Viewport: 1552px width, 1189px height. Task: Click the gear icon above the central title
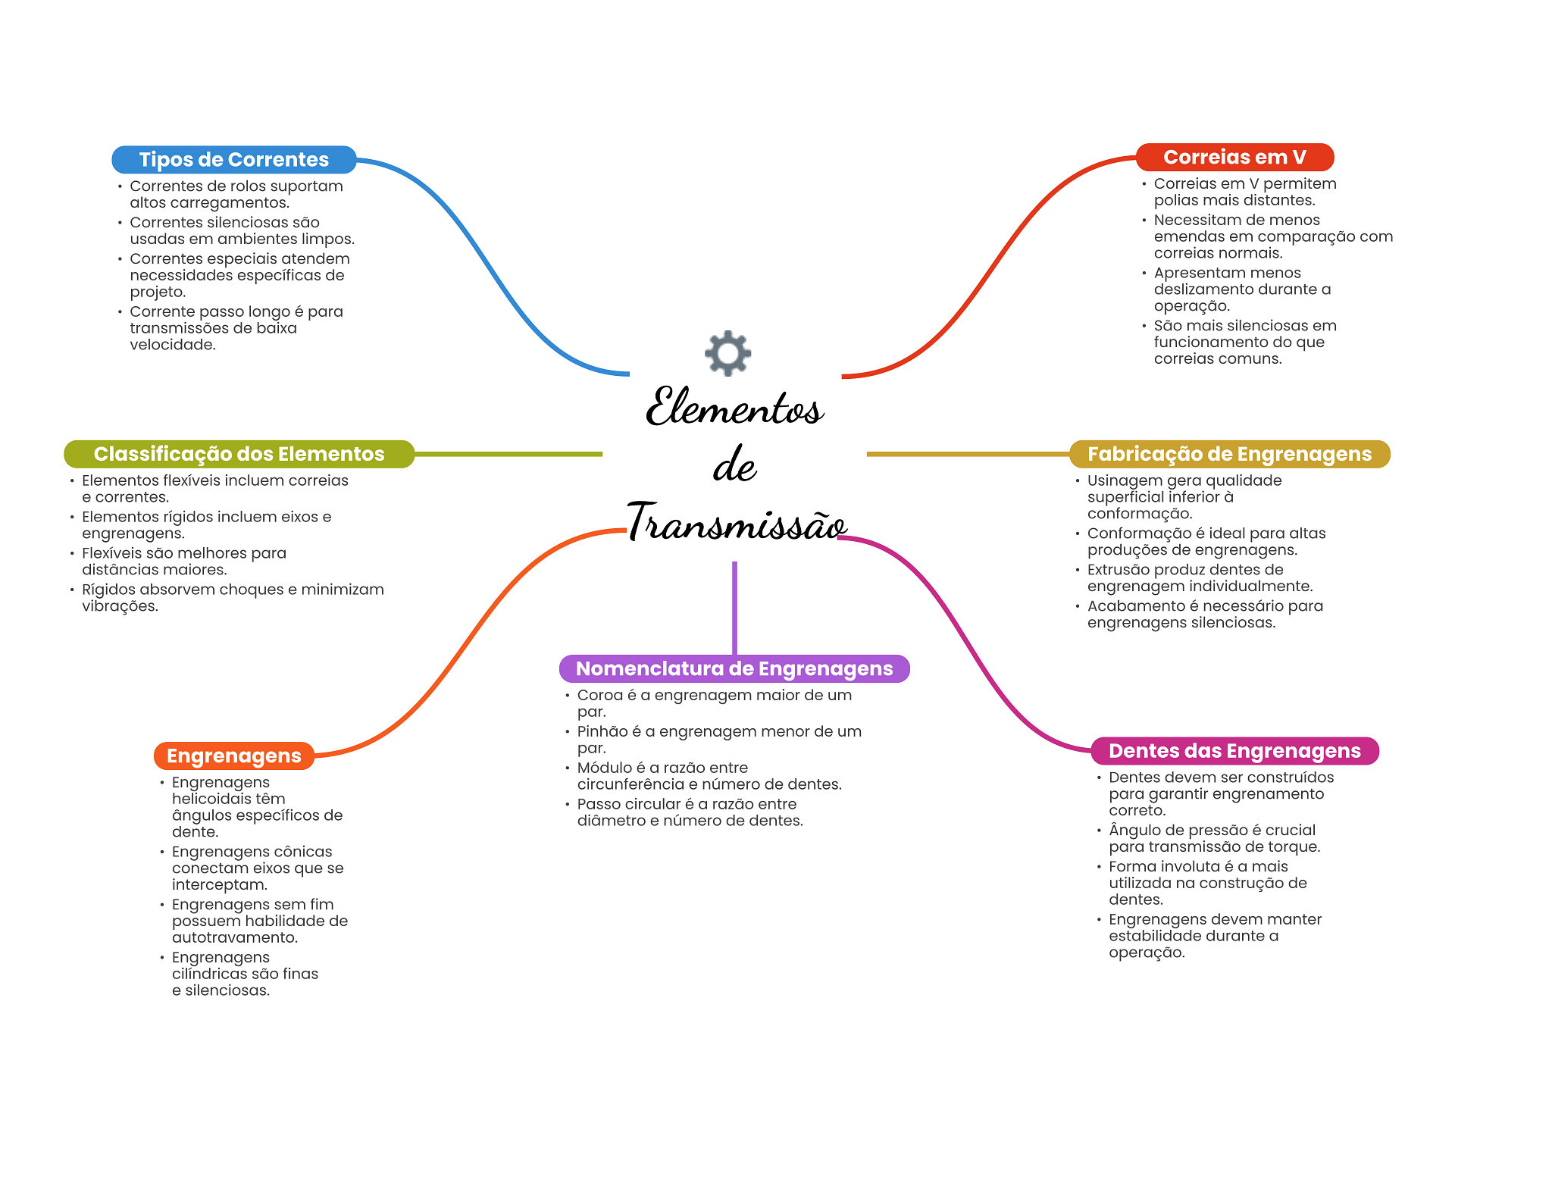(727, 352)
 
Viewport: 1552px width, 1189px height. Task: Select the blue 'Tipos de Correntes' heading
(233, 160)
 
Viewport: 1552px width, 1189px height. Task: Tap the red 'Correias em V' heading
(1234, 158)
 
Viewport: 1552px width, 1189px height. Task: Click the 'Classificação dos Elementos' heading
(239, 454)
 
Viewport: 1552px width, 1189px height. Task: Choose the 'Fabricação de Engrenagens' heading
(1229, 454)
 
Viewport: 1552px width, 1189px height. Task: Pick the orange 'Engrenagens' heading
(233, 756)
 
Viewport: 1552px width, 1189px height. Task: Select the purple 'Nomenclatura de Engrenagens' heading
(734, 668)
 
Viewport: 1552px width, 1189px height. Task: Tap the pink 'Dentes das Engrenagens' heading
(1234, 751)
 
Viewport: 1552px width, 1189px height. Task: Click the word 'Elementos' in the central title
(734, 407)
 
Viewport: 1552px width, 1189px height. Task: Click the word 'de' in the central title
(734, 465)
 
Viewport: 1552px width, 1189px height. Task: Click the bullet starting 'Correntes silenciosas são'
(241, 230)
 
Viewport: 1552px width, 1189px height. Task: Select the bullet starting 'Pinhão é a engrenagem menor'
(718, 740)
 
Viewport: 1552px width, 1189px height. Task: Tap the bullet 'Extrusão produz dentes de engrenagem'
(1199, 577)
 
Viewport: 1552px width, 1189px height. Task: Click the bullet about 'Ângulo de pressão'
(1213, 838)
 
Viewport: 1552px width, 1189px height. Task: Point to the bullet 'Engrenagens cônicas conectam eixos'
(257, 868)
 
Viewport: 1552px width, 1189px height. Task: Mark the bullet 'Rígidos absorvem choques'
(232, 597)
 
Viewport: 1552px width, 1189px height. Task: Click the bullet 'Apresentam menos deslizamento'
(1241, 289)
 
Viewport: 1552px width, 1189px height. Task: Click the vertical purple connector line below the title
(734, 606)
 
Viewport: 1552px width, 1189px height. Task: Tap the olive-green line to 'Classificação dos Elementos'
(508, 454)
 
